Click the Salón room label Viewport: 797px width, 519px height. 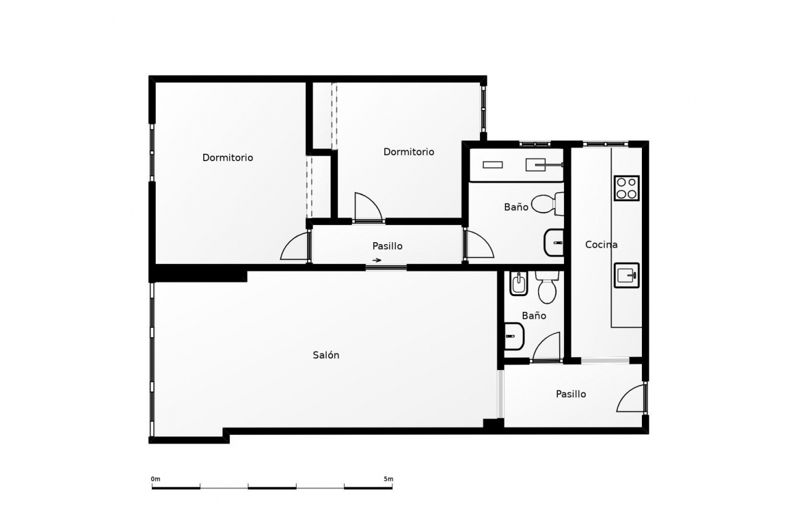point(326,355)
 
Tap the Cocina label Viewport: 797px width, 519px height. point(601,245)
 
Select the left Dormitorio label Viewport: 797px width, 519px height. point(227,158)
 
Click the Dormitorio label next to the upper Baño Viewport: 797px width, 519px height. point(408,152)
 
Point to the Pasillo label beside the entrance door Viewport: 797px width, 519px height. point(571,394)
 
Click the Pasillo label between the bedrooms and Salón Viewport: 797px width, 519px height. point(387,246)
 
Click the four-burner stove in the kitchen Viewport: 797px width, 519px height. point(626,188)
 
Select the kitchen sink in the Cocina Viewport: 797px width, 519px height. point(626,275)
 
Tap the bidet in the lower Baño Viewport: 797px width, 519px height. point(518,284)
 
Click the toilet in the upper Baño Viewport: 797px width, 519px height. point(546,203)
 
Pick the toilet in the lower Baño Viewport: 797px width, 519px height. point(547,287)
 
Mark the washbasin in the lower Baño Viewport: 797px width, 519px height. point(514,337)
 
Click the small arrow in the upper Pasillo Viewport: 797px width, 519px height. point(377,260)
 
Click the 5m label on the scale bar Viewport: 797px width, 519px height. point(388,479)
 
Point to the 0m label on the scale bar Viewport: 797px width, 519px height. point(155,479)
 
